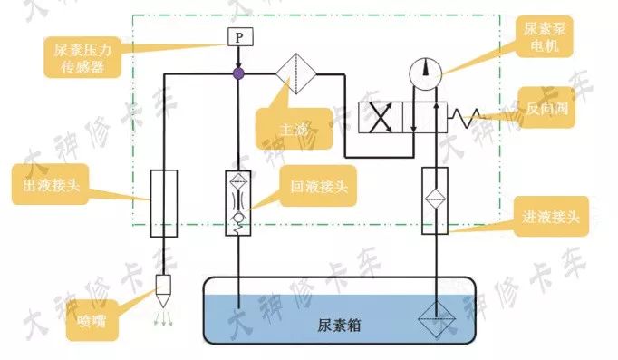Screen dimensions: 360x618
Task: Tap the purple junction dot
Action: click(237, 73)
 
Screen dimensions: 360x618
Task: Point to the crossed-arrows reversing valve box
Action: click(381, 119)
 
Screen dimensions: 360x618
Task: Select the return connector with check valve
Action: click(237, 203)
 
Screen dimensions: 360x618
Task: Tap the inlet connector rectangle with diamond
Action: click(435, 201)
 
